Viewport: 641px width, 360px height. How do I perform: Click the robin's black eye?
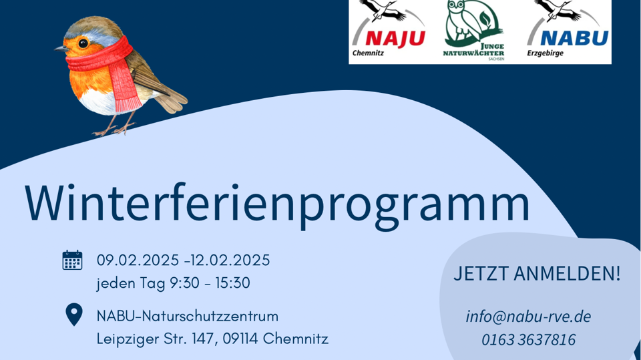click(83, 43)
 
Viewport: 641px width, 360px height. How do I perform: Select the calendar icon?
click(72, 260)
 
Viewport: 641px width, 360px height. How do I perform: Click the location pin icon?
click(73, 314)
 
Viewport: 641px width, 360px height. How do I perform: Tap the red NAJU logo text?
click(395, 37)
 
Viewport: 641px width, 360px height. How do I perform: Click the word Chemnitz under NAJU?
click(368, 53)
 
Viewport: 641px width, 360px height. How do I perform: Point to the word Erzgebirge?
click(545, 53)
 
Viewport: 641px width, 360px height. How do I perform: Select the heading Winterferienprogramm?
click(277, 202)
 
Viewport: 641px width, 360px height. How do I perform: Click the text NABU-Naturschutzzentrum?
click(188, 316)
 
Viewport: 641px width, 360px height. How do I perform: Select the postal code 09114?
click(238, 339)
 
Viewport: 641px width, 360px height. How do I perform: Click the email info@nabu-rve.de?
click(528, 316)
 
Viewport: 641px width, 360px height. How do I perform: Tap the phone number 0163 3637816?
click(528, 340)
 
